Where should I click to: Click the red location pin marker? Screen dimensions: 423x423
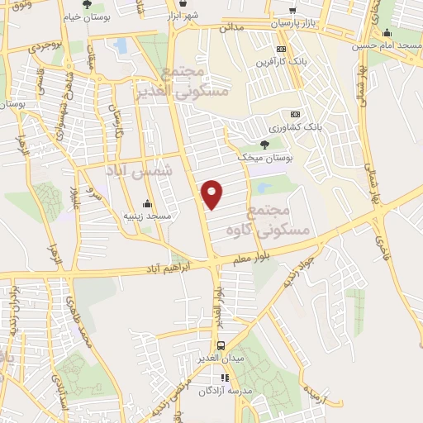click(213, 192)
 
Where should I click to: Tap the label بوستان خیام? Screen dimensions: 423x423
click(85, 16)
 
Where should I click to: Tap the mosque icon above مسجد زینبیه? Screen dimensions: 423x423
click(147, 203)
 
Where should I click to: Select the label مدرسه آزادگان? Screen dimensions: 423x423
click(221, 390)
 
